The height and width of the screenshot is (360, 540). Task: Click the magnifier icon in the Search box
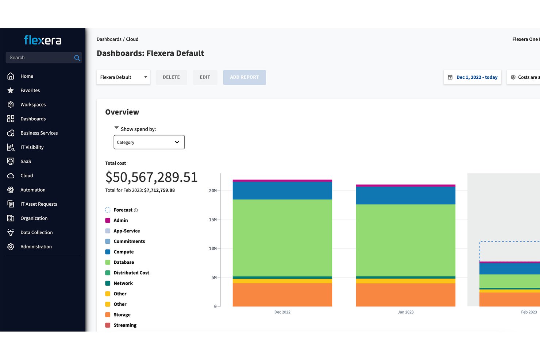pyautogui.click(x=77, y=58)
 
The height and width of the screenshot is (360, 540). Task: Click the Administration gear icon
pyautogui.click(x=11, y=247)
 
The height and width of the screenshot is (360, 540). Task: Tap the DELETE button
pyautogui.click(x=171, y=77)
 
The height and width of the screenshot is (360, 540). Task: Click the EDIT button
pyautogui.click(x=205, y=77)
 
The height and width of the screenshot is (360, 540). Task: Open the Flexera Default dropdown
pyautogui.click(x=123, y=77)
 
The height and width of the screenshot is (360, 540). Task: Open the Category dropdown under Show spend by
pyautogui.click(x=149, y=142)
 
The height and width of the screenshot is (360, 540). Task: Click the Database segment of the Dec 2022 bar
pyautogui.click(x=282, y=238)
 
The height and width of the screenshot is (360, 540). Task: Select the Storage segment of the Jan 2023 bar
pyautogui.click(x=406, y=295)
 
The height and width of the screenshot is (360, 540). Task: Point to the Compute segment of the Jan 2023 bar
pyautogui.click(x=406, y=196)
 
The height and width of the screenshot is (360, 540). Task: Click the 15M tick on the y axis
pyautogui.click(x=213, y=220)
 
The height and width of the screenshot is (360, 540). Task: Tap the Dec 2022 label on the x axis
pyautogui.click(x=282, y=312)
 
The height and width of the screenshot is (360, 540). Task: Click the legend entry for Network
pyautogui.click(x=119, y=283)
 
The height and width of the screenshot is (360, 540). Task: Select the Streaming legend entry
pyautogui.click(x=121, y=325)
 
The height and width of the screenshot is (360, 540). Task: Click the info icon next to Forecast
pyautogui.click(x=136, y=210)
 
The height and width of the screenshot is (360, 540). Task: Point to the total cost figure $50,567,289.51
pyautogui.click(x=151, y=177)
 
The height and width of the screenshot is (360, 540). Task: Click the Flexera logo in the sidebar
pyautogui.click(x=43, y=40)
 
